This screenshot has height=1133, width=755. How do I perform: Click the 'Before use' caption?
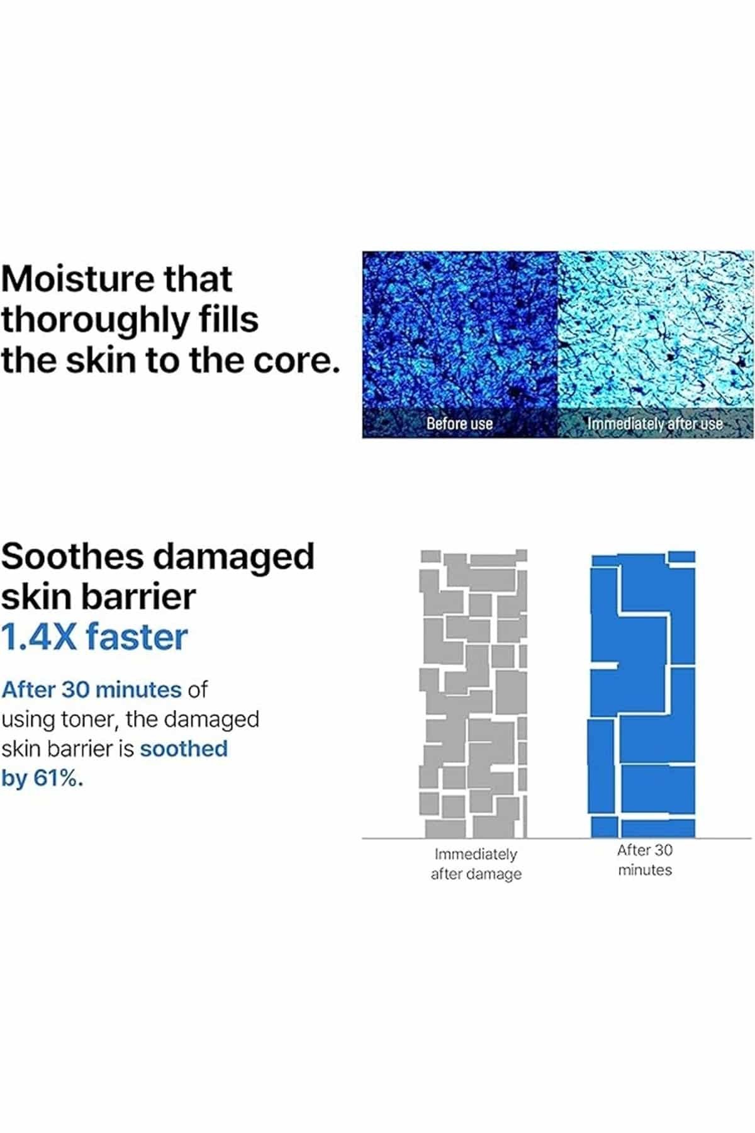(459, 424)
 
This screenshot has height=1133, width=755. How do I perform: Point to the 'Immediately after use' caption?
(655, 424)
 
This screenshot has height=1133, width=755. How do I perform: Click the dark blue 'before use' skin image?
(460, 344)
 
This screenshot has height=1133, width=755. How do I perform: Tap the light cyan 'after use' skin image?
(656, 344)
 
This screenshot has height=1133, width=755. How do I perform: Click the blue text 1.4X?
(39, 636)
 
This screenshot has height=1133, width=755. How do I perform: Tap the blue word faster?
(137, 636)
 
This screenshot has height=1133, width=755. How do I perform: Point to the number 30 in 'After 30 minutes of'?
(75, 690)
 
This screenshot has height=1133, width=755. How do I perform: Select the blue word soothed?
(184, 749)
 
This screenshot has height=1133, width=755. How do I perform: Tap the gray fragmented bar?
(473, 694)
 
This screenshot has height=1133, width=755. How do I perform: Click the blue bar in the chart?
(643, 694)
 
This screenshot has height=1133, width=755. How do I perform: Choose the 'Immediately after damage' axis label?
(476, 864)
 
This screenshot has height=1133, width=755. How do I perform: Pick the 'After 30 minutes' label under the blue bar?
(645, 860)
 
